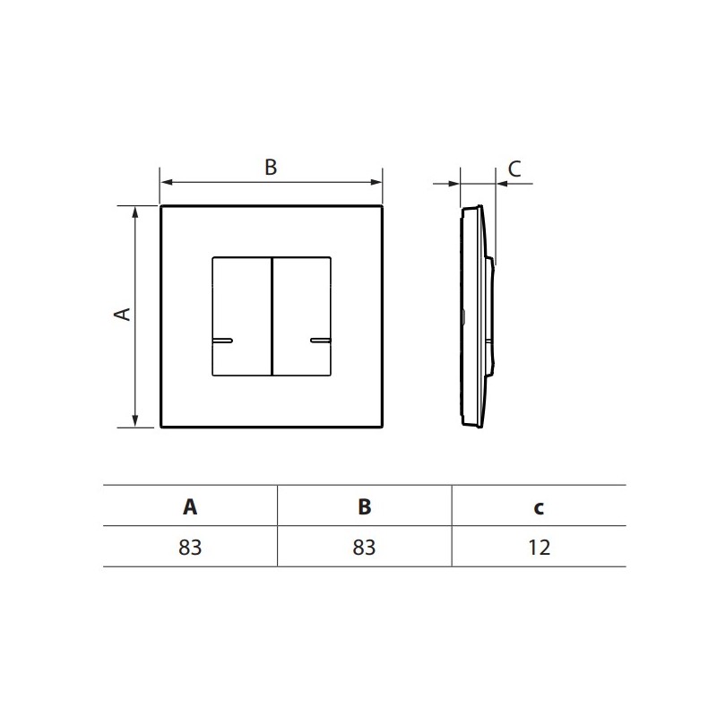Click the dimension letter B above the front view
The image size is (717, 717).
[271, 168]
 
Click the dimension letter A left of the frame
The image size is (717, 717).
[123, 315]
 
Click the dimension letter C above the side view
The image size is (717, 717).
[514, 168]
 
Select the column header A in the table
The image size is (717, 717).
[190, 506]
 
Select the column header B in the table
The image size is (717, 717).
[365, 506]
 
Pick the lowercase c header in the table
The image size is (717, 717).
[539, 508]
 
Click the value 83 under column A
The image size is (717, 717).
[190, 548]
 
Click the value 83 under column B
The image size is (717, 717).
[364, 548]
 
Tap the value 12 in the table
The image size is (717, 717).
[540, 548]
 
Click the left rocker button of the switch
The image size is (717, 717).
[242, 316]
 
